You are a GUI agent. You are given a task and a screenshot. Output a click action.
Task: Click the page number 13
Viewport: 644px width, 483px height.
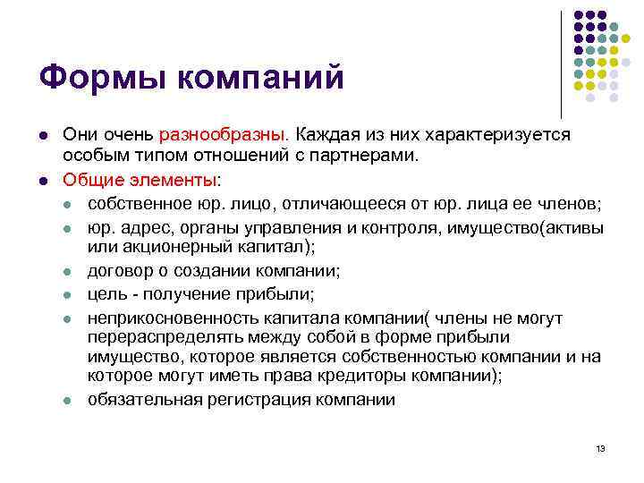click(x=600, y=448)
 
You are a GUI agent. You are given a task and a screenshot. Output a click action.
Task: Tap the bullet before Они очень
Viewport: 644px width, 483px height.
click(x=43, y=135)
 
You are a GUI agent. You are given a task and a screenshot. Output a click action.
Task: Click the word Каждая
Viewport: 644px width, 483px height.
click(x=329, y=134)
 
